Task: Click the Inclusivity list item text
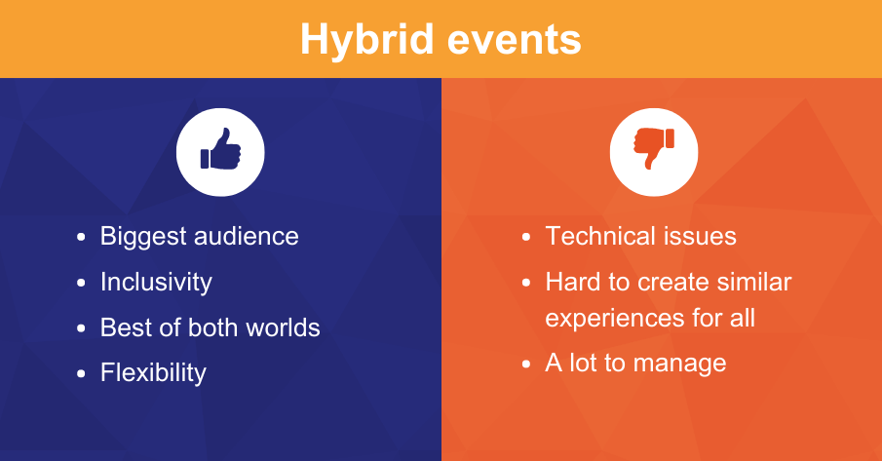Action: click(156, 282)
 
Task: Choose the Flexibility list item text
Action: click(153, 372)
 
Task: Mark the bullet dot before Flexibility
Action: click(82, 373)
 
